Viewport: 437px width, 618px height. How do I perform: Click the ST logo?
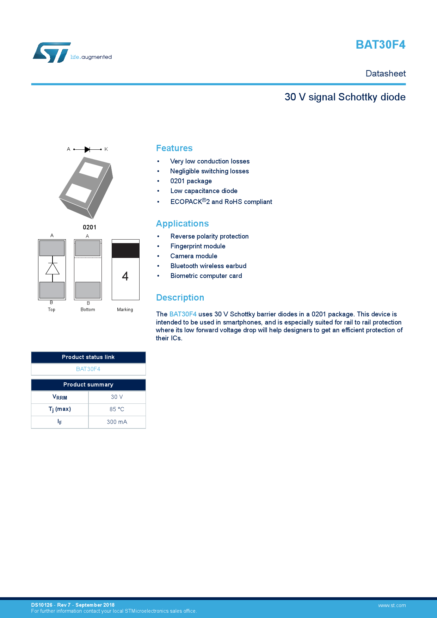click(52, 53)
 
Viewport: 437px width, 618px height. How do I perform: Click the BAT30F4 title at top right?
click(380, 45)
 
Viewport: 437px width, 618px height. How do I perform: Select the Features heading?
click(174, 148)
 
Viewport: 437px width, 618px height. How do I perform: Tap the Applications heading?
click(182, 224)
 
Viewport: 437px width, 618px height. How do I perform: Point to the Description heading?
click(180, 298)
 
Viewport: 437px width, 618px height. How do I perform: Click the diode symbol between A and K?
click(87, 149)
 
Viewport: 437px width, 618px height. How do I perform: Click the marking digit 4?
click(125, 276)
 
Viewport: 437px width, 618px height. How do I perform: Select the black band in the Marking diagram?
click(125, 251)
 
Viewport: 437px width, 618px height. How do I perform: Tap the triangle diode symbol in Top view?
click(53, 269)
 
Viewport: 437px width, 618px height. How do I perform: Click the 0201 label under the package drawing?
click(90, 227)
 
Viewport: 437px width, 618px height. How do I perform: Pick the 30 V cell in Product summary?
click(117, 397)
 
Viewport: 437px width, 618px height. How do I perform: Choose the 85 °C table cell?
click(117, 409)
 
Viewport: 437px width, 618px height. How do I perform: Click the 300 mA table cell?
click(117, 422)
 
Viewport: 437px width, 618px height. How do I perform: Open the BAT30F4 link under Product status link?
click(88, 369)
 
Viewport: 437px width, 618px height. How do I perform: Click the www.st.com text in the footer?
click(392, 606)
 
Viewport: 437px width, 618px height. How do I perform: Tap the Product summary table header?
click(88, 385)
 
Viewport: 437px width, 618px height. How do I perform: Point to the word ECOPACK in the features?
click(186, 202)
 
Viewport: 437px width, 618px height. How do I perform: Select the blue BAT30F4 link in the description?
click(183, 314)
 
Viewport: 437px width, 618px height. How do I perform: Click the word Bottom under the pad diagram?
click(88, 310)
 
